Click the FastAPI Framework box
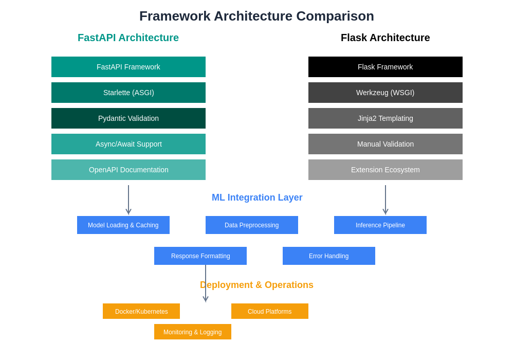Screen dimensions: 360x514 128,67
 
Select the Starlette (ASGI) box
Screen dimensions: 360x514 128,93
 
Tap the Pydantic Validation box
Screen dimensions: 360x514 128,118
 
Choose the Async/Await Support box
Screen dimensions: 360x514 128,144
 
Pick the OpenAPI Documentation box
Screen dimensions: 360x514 128,170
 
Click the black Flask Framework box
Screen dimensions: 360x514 385,67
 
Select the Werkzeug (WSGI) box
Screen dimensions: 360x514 385,93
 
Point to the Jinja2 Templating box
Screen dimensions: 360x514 385,118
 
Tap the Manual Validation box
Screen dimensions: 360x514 385,144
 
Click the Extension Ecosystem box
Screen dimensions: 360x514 385,170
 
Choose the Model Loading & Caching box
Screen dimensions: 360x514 123,225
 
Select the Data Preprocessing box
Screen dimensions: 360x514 252,225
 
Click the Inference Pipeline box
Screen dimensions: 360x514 380,225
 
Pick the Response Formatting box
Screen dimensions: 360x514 200,256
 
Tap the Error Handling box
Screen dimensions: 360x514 329,256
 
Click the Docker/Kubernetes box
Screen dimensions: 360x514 141,311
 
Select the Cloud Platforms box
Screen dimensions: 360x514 270,311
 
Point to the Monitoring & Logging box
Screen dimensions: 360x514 193,332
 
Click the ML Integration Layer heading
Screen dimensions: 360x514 257,197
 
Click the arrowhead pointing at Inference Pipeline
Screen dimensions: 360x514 385,212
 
